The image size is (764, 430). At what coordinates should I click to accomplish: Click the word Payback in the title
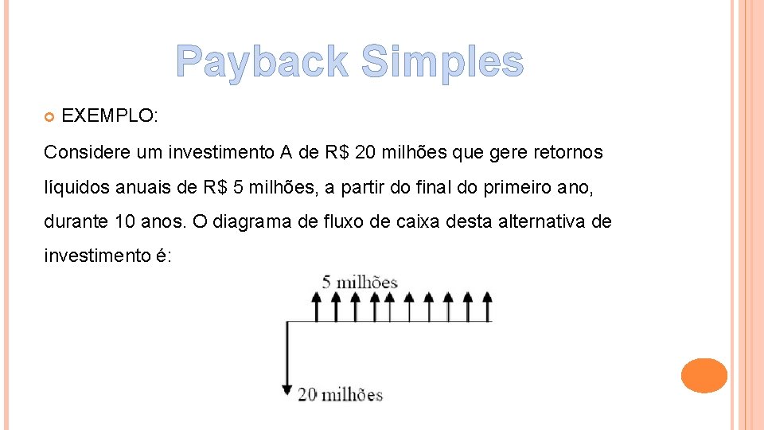click(262, 62)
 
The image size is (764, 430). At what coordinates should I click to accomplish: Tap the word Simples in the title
click(442, 62)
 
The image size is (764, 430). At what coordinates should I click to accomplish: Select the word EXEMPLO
click(110, 115)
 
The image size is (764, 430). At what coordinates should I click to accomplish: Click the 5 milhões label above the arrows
click(360, 282)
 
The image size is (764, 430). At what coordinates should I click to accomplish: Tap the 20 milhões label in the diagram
click(340, 394)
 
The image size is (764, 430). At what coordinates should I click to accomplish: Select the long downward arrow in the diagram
click(287, 358)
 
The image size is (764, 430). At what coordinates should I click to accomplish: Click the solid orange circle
click(704, 375)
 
